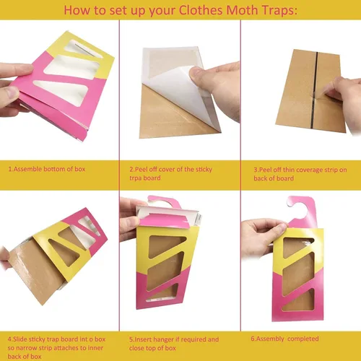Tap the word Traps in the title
coord(279,11)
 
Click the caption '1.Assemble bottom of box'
coord(47,169)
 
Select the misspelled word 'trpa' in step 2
coord(136,178)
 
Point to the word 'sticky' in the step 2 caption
coord(204,170)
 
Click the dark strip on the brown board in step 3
coord(314,90)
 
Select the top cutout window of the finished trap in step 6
coord(297,247)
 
